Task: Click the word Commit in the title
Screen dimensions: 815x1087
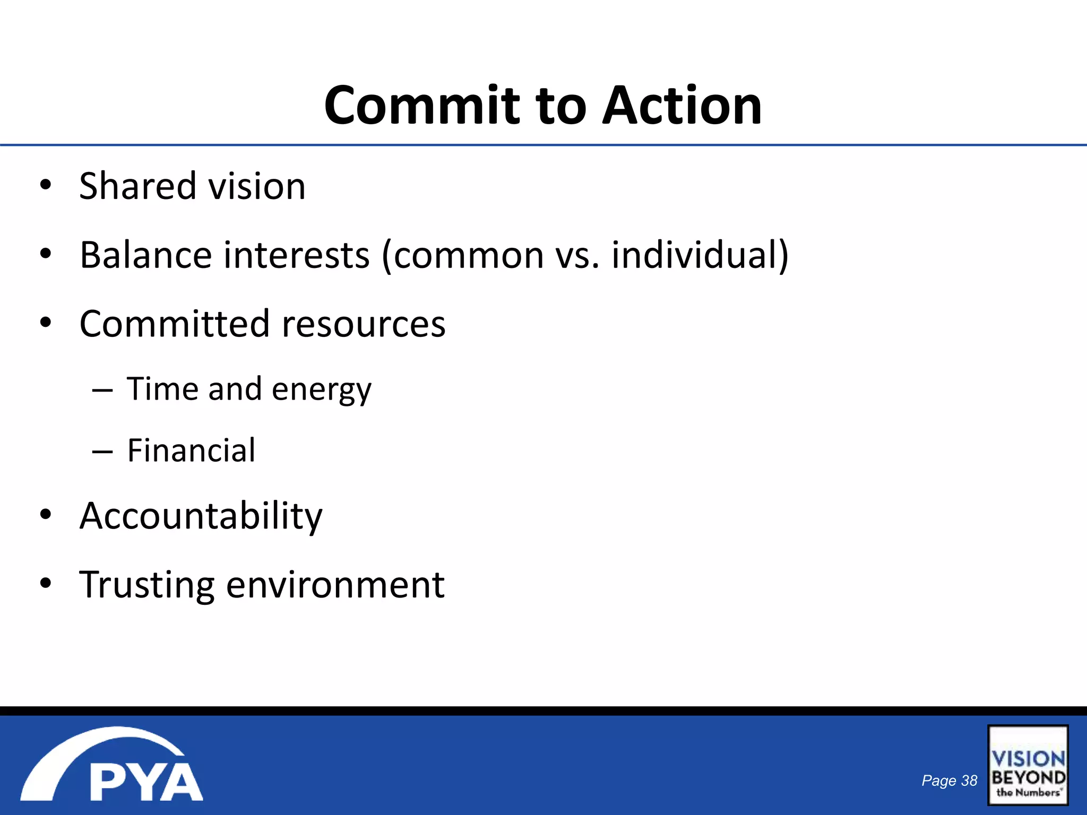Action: pyautogui.click(x=422, y=106)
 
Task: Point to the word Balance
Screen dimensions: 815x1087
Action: pyautogui.click(x=144, y=255)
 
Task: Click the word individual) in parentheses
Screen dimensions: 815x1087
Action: pyautogui.click(x=700, y=255)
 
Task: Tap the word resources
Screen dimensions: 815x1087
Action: pyautogui.click(x=364, y=324)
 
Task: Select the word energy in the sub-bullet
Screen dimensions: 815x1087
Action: pyautogui.click(x=322, y=390)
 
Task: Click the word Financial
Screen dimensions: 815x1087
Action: pyautogui.click(x=191, y=450)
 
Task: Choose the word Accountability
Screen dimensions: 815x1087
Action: pyautogui.click(x=201, y=516)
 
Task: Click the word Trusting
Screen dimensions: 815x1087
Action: pyautogui.click(x=147, y=585)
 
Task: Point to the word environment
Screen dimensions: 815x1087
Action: pyautogui.click(x=335, y=585)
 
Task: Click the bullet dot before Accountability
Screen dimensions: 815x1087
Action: pyautogui.click(x=46, y=514)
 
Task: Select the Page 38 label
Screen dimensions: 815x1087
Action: pyautogui.click(x=949, y=781)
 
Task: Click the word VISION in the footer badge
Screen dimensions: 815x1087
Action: pyautogui.click(x=1028, y=758)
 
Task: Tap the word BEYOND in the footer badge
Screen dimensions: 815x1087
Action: pyautogui.click(x=1028, y=777)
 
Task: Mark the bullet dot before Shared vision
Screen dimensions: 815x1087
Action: pyautogui.click(x=46, y=185)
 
